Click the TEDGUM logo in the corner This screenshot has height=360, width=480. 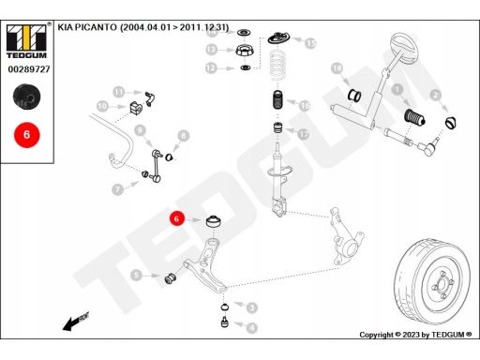click(x=26, y=41)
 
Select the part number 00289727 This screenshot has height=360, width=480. click(x=29, y=69)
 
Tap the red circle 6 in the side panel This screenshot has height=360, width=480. click(x=27, y=135)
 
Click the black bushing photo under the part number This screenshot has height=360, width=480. click(x=26, y=97)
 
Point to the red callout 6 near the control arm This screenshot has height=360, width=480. click(x=177, y=218)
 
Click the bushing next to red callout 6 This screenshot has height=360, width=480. click(x=215, y=221)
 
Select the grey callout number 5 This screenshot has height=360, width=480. click(x=136, y=276)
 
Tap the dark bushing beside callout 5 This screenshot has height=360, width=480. click(x=171, y=277)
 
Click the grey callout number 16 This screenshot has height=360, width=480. click(x=305, y=106)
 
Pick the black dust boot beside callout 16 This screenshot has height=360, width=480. click(x=278, y=99)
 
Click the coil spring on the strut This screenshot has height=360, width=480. click(x=277, y=65)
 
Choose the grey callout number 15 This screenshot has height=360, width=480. click(x=310, y=43)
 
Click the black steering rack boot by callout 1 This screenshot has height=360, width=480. click(x=414, y=117)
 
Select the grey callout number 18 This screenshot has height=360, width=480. click(x=337, y=68)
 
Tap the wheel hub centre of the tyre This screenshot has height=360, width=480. click(x=442, y=285)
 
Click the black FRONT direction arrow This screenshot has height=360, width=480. click(x=76, y=322)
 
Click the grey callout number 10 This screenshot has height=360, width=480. click(x=102, y=106)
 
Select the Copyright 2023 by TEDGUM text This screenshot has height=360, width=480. click(x=415, y=335)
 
